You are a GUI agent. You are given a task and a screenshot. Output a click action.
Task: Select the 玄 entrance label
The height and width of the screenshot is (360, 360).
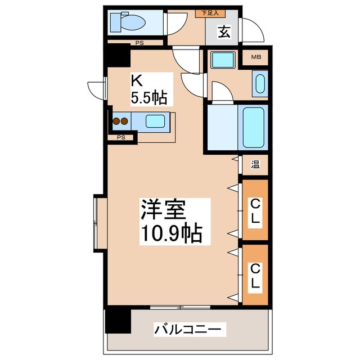click(224, 32)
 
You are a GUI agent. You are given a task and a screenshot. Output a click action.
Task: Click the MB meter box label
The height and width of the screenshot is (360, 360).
click(256, 57)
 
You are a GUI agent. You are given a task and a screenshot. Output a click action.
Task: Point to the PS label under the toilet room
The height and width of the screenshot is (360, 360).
click(138, 43)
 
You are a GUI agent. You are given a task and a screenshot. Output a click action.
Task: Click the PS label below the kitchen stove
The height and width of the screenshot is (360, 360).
click(120, 137)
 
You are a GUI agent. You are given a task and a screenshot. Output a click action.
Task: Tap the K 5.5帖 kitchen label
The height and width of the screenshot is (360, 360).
click(148, 89)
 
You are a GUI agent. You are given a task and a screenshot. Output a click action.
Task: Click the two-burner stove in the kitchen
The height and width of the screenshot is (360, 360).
click(120, 120)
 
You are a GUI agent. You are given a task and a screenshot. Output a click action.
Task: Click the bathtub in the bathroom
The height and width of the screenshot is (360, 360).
click(253, 126)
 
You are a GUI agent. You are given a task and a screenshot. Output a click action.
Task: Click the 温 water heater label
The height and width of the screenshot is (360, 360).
click(255, 165)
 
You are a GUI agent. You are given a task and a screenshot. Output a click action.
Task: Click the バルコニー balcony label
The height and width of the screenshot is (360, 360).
click(190, 328)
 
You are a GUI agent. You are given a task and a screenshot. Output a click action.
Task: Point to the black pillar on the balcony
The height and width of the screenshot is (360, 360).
click(118, 320)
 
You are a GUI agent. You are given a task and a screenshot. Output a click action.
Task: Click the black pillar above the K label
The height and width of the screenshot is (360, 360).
click(118, 56)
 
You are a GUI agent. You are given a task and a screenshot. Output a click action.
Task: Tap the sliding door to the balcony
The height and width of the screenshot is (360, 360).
click(180, 307)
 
